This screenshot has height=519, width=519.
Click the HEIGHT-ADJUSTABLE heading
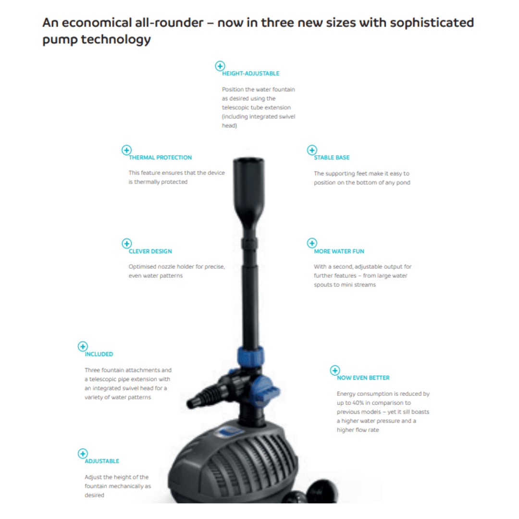click(x=250, y=74)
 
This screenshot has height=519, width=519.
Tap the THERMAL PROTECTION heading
click(x=160, y=158)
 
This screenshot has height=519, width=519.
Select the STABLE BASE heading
click(x=332, y=158)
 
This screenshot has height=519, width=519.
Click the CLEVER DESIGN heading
click(x=150, y=251)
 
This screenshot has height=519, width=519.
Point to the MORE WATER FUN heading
click(x=339, y=251)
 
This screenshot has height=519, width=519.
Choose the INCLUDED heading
click(x=99, y=354)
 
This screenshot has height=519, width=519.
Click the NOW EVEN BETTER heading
click(x=363, y=378)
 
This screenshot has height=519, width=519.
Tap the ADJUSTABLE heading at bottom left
click(x=102, y=461)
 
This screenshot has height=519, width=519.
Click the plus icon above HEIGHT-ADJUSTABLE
click(x=220, y=66)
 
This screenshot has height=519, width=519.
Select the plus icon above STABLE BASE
click(x=312, y=150)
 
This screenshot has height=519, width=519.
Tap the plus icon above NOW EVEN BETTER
click(x=335, y=370)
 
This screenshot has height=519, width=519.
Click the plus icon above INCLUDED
click(x=83, y=346)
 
